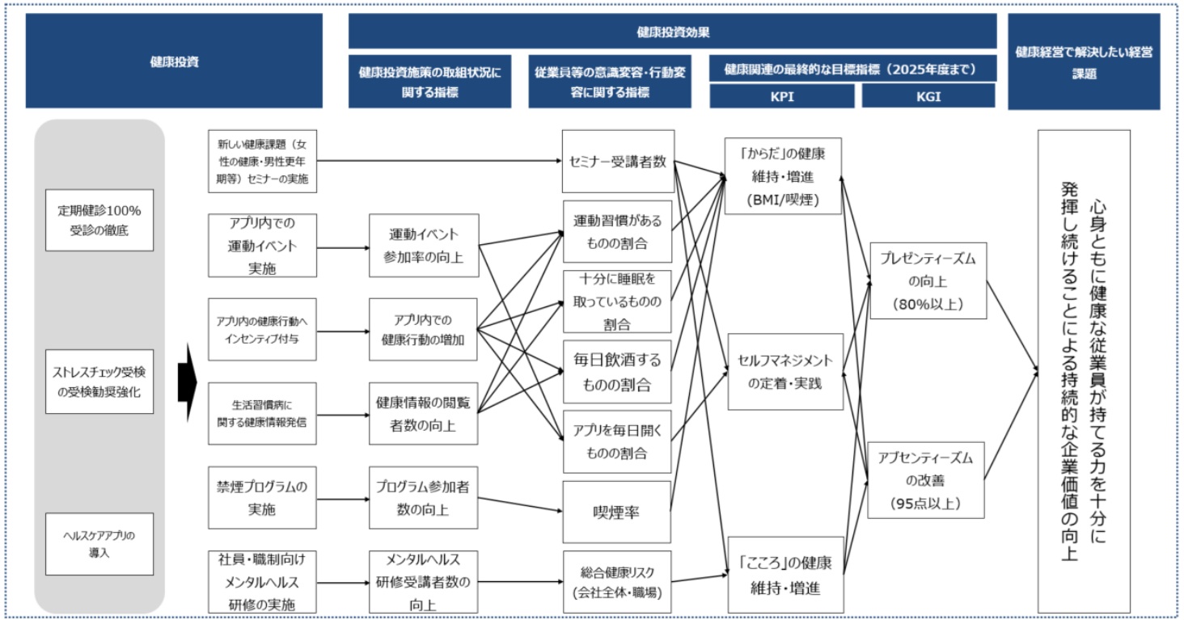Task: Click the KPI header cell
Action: pyautogui.click(x=781, y=95)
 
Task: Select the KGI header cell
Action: pyautogui.click(x=928, y=95)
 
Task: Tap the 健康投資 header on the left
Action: pyautogui.click(x=174, y=61)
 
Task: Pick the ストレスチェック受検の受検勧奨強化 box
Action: pyautogui.click(x=99, y=382)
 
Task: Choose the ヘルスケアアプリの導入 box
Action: pyautogui.click(x=99, y=544)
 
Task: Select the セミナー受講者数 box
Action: pyautogui.click(x=617, y=162)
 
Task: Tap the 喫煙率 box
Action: pyautogui.click(x=617, y=512)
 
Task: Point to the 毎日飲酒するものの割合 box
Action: pyautogui.click(x=617, y=372)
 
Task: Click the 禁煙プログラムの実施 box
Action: pyautogui.click(x=261, y=498)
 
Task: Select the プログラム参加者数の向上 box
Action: pyautogui.click(x=422, y=498)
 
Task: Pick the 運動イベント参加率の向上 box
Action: pyautogui.click(x=422, y=245)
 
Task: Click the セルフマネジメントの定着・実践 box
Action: pyautogui.click(x=784, y=372)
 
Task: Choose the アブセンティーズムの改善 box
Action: pyautogui.click(x=927, y=480)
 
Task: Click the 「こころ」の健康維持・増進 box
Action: pyautogui.click(x=784, y=576)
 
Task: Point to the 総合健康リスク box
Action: pyautogui.click(x=617, y=582)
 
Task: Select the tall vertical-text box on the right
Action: pyautogui.click(x=1083, y=371)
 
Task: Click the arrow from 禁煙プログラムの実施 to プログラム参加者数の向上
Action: pyautogui.click(x=342, y=498)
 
